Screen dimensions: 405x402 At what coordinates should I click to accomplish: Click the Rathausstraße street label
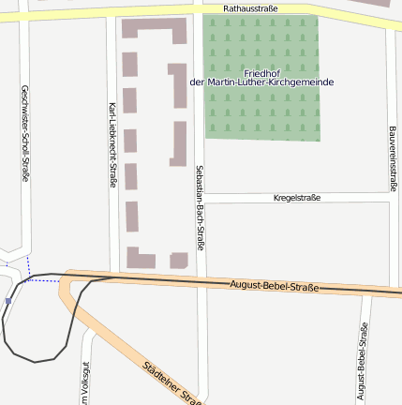tap(251, 8)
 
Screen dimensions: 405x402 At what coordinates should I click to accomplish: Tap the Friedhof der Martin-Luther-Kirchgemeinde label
tap(261, 78)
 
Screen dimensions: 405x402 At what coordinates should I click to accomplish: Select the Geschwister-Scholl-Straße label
tap(24, 132)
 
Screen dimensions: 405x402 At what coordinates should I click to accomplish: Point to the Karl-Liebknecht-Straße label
tap(112, 145)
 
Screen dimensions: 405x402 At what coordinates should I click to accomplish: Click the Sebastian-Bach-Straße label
tap(200, 205)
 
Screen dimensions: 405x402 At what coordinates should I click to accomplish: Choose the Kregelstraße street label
tap(296, 198)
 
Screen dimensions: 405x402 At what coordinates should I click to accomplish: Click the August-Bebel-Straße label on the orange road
tap(274, 285)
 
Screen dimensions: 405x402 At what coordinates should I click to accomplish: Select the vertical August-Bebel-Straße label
tap(363, 360)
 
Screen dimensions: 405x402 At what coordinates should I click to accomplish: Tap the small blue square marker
tap(7, 301)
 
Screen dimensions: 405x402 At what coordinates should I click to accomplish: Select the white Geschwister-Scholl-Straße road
tap(24, 206)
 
